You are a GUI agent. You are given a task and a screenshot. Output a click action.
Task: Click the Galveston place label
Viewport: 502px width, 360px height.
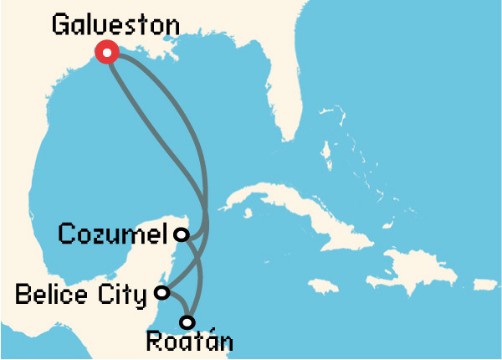pyautogui.click(x=115, y=24)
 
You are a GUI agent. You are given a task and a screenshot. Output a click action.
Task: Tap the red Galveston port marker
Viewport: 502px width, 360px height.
pyautogui.click(x=107, y=52)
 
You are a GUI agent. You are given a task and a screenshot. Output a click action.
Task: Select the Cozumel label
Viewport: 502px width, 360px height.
pyautogui.click(x=113, y=234)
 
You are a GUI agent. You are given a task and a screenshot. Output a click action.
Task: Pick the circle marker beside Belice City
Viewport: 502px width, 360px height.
pyautogui.click(x=163, y=293)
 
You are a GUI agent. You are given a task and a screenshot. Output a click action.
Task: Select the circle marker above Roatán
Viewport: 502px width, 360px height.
pyautogui.click(x=187, y=321)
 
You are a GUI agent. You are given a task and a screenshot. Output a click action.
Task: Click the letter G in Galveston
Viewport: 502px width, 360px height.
pyautogui.click(x=60, y=24)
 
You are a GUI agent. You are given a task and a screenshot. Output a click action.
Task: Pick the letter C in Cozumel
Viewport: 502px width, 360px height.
pyautogui.click(x=66, y=234)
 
